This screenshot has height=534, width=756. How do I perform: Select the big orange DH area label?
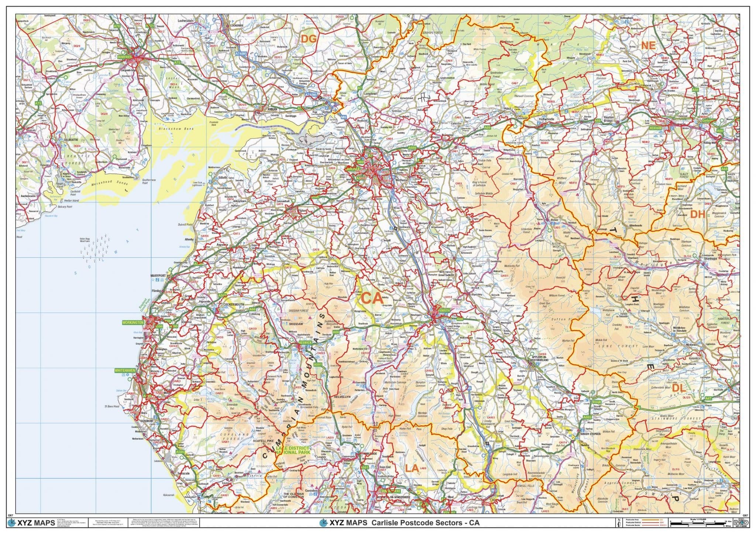tap(698, 214)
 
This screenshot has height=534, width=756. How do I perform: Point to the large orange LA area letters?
tap(412, 468)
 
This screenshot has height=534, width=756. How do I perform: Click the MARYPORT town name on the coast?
tap(159, 275)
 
